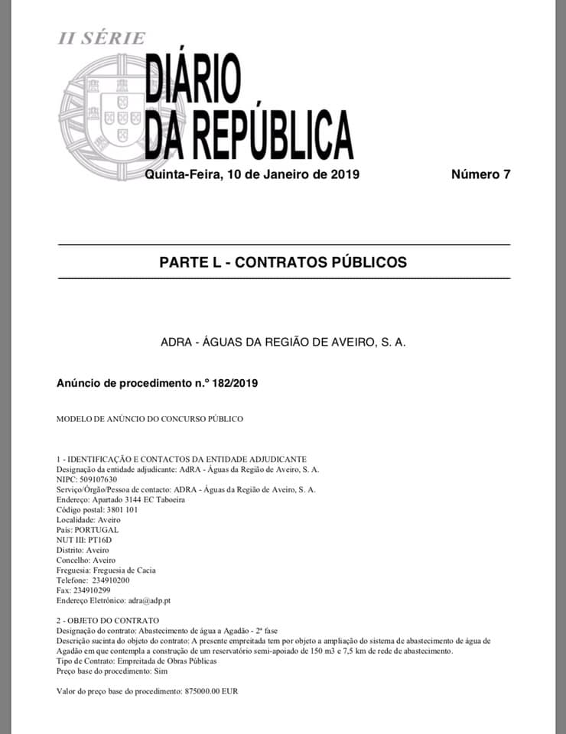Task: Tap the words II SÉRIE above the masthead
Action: [x=102, y=38]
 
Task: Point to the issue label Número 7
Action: [x=480, y=174]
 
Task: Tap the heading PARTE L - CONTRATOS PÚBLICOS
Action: [x=283, y=262]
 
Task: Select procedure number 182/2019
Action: [x=233, y=382]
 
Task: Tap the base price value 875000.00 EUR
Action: [x=212, y=690]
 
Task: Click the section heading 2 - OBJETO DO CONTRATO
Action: [x=108, y=619]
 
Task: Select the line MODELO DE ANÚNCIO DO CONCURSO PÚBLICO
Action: [x=150, y=419]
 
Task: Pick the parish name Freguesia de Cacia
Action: [x=127, y=570]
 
